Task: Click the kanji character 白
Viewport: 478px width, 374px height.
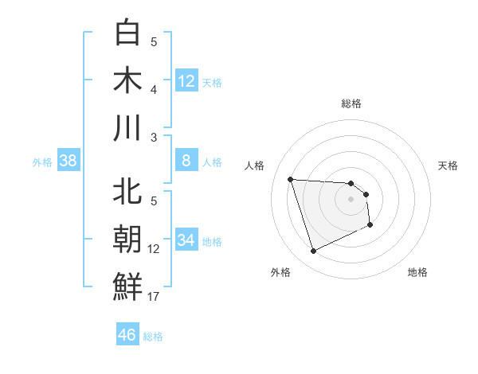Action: pyautogui.click(x=127, y=33)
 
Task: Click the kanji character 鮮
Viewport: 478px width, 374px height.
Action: pyautogui.click(x=127, y=286)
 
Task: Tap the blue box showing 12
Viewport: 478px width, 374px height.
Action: pyautogui.click(x=186, y=81)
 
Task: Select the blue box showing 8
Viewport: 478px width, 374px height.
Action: pyautogui.click(x=186, y=162)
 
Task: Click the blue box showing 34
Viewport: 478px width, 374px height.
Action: pyautogui.click(x=186, y=241)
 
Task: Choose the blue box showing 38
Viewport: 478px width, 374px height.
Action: pyautogui.click(x=69, y=162)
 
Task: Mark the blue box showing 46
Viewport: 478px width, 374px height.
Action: pyautogui.click(x=127, y=335)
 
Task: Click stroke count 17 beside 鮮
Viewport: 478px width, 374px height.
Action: pyautogui.click(x=154, y=297)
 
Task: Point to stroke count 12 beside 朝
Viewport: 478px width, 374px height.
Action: pyautogui.click(x=154, y=249)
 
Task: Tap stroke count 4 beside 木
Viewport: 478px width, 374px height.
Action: pyautogui.click(x=154, y=90)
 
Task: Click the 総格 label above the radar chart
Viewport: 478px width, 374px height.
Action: pyautogui.click(x=351, y=103)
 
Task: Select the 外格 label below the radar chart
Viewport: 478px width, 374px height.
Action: pyautogui.click(x=280, y=272)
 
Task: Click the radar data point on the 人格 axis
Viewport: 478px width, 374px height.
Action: pyautogui.click(x=291, y=179)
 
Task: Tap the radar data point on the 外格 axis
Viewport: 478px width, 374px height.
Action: pyautogui.click(x=314, y=251)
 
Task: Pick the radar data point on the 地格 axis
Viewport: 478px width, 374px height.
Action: pyautogui.click(x=370, y=225)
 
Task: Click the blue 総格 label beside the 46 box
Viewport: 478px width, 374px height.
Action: pyautogui.click(x=153, y=337)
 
